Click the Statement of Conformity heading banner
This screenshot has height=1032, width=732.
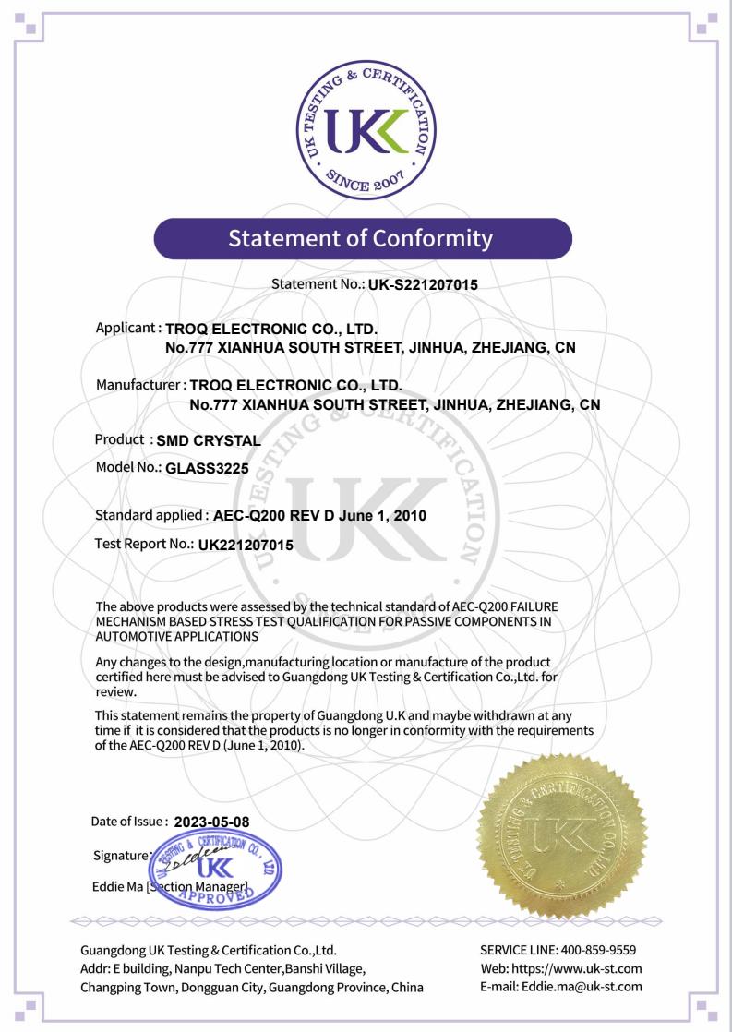click(365, 238)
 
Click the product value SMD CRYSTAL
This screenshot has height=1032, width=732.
click(210, 440)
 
